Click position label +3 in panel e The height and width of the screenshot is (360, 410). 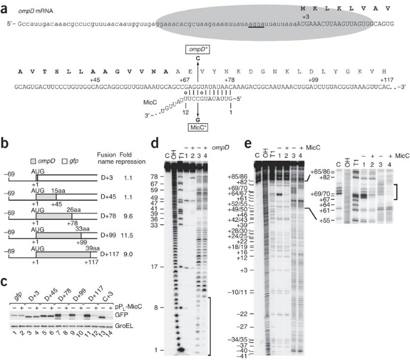tap(242, 271)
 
